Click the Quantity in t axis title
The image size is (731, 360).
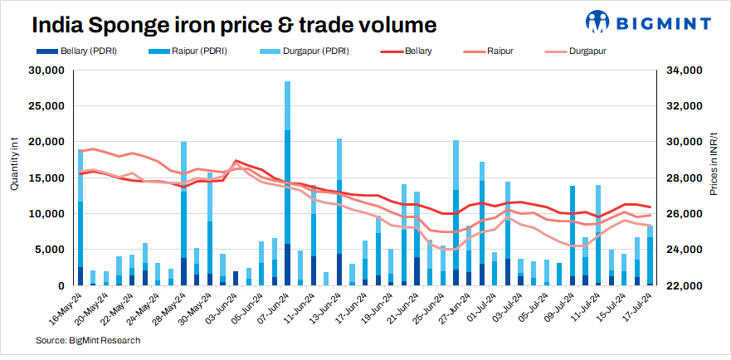(14, 164)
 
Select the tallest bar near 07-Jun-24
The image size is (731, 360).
(287, 182)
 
